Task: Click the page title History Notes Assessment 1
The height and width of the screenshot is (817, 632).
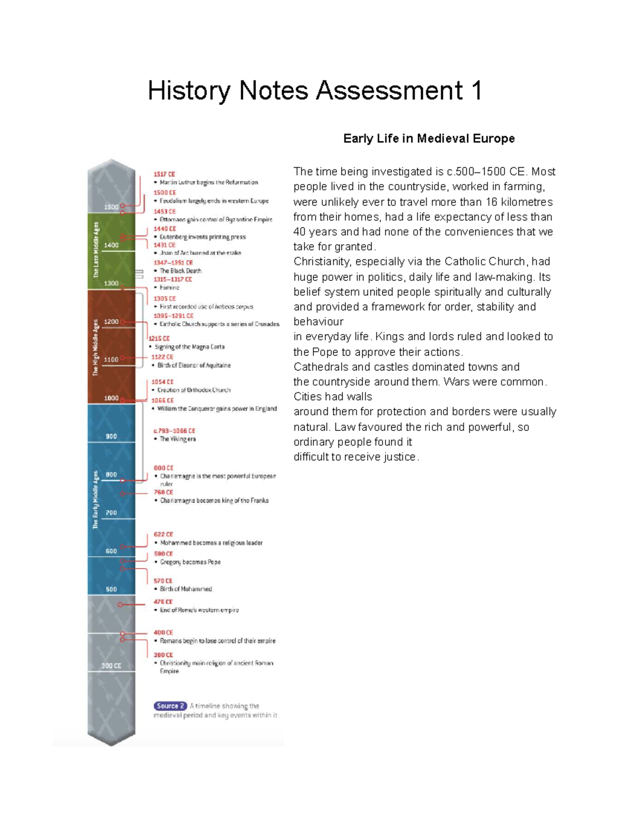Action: pyautogui.click(x=314, y=90)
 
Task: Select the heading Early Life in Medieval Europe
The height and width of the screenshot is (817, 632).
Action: pyautogui.click(x=429, y=138)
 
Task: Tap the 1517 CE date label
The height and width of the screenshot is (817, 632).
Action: pyautogui.click(x=164, y=174)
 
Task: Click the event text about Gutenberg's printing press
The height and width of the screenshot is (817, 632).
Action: pyautogui.click(x=203, y=237)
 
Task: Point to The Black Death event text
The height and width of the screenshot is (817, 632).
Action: pyautogui.click(x=180, y=271)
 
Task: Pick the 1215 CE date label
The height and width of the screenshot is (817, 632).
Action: pyautogui.click(x=159, y=339)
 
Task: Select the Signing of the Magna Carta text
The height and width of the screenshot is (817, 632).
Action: pyautogui.click(x=190, y=347)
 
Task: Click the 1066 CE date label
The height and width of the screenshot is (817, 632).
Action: pyautogui.click(x=162, y=400)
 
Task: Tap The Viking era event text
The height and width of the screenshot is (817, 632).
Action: pyautogui.click(x=177, y=439)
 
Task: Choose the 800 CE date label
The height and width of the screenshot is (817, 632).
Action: pyautogui.click(x=163, y=468)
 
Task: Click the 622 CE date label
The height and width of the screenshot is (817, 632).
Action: pyautogui.click(x=163, y=534)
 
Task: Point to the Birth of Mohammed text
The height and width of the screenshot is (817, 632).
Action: pyautogui.click(x=186, y=589)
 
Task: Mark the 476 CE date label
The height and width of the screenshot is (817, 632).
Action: pyautogui.click(x=163, y=602)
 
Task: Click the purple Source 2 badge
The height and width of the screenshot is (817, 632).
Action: pyautogui.click(x=170, y=706)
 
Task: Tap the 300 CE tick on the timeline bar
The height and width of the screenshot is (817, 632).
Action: pyautogui.click(x=111, y=665)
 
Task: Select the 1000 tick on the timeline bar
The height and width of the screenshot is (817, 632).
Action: pyautogui.click(x=111, y=398)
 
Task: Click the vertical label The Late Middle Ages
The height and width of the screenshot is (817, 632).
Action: pyautogui.click(x=96, y=249)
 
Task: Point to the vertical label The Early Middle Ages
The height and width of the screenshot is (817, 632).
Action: pyautogui.click(x=96, y=499)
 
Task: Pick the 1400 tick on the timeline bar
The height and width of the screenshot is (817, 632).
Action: pyautogui.click(x=111, y=245)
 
